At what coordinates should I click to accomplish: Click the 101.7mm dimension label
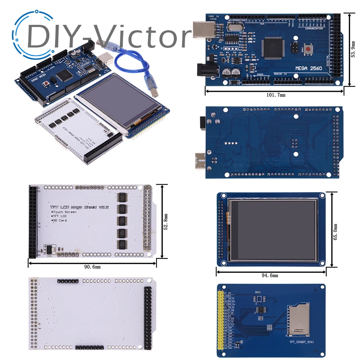coord(276,95)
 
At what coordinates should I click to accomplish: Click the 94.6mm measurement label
coord(270,276)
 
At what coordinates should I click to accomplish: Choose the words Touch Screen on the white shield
coord(65,212)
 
